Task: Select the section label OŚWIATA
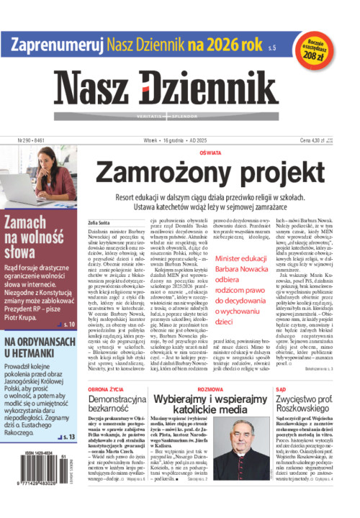click(x=211, y=153)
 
